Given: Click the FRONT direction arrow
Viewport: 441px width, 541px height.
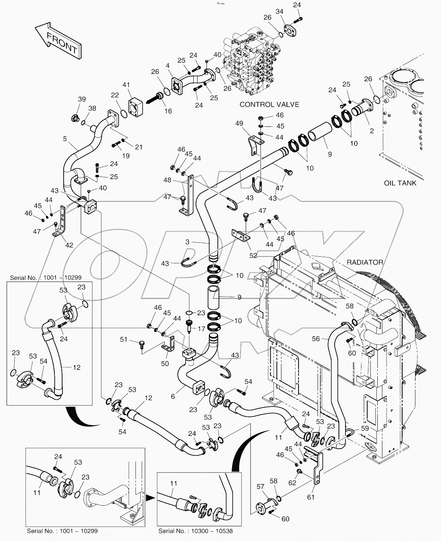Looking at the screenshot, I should tap(57, 39).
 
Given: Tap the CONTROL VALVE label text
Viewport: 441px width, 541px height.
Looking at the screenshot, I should tap(269, 104).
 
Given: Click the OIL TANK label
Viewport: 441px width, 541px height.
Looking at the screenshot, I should tap(400, 183).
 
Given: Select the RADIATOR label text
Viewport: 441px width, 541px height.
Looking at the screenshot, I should tap(365, 263).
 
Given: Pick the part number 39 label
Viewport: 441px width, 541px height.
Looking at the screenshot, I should tap(82, 99).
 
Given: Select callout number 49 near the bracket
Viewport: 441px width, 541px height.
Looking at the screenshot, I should tap(239, 124).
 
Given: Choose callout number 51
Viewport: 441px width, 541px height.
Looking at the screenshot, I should tap(123, 339).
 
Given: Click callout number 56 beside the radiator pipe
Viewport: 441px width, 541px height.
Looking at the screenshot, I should tap(316, 339).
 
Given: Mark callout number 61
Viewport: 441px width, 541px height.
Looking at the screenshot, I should tap(311, 497).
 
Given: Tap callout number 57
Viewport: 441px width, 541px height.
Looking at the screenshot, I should tap(260, 486).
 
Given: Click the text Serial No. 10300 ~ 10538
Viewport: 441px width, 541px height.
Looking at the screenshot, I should tap(195, 531).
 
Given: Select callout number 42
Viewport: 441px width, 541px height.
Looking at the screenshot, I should tap(69, 245).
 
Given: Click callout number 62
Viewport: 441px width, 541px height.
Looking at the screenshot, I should tap(292, 483).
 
